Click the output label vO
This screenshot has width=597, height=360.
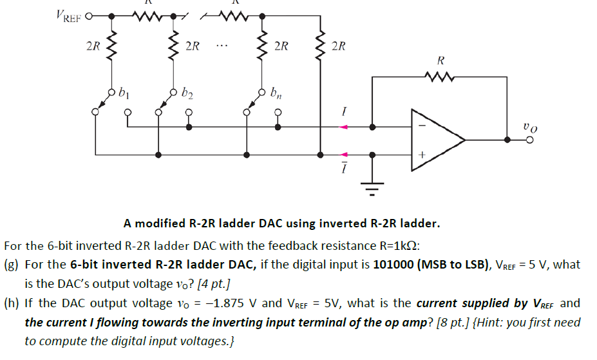(529, 129)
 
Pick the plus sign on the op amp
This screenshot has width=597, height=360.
(421, 155)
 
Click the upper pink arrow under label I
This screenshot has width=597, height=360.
(344, 127)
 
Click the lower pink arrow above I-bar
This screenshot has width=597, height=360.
(344, 155)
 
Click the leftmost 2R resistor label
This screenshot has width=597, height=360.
(93, 46)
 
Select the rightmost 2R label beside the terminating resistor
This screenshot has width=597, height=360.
(337, 46)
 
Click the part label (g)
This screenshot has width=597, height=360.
(12, 265)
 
